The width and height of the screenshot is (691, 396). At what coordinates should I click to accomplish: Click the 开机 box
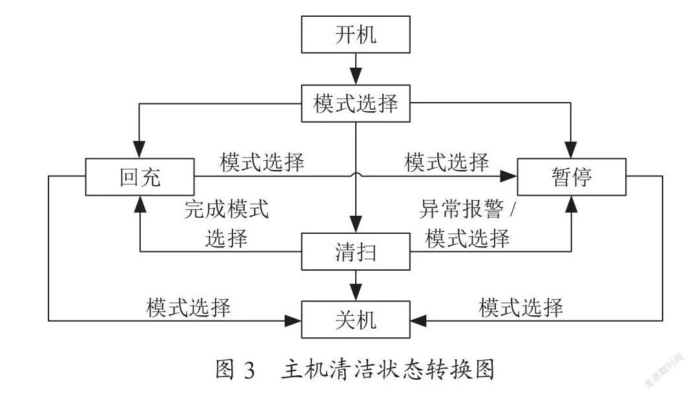click(356, 34)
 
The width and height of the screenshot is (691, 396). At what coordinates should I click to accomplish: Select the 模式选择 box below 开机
click(356, 103)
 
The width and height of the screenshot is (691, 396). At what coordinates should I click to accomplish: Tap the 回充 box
click(139, 177)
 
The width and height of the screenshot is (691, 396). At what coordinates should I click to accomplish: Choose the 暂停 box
click(571, 177)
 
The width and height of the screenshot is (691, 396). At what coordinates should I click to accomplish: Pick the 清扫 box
click(356, 251)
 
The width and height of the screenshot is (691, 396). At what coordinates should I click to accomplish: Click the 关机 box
click(356, 320)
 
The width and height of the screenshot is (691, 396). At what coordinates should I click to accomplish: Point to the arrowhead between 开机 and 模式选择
click(356, 76)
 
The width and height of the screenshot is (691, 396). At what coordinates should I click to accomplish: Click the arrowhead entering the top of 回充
click(139, 150)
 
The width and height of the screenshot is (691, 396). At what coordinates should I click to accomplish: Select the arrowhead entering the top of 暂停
click(571, 150)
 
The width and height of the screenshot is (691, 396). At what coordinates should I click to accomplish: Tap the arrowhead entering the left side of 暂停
click(508, 176)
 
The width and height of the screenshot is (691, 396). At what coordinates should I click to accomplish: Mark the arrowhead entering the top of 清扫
click(356, 224)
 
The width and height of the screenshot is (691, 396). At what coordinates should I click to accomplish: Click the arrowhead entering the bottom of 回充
click(140, 204)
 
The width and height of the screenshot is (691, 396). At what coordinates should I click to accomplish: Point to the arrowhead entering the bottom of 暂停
click(571, 204)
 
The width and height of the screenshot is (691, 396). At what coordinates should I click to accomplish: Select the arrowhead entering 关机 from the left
click(293, 320)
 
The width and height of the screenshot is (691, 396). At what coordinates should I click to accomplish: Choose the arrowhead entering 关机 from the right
click(418, 320)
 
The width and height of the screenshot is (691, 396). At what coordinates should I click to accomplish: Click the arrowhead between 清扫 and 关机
click(356, 293)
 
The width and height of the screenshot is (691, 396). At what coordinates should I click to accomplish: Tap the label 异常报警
click(461, 209)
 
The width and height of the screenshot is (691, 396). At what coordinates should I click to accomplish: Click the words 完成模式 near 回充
click(227, 209)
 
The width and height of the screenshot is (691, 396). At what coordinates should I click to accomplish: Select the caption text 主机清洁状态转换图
click(388, 370)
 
